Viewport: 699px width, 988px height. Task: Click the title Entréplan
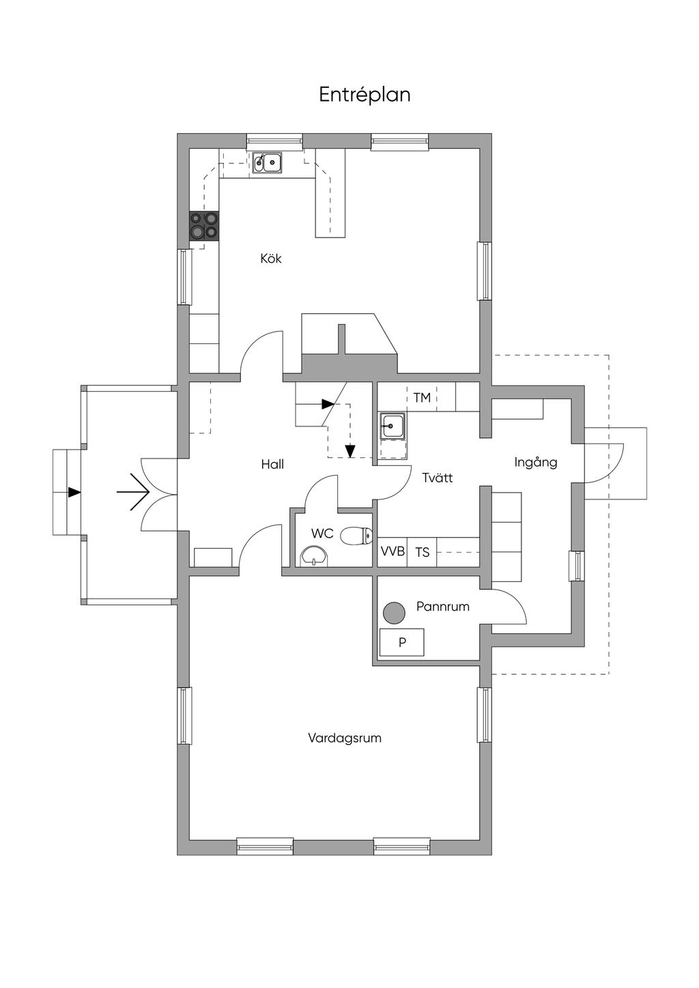[x=365, y=95]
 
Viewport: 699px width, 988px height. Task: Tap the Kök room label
[x=271, y=259]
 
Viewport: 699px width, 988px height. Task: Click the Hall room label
[x=272, y=465]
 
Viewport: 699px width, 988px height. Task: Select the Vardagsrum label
[x=344, y=738]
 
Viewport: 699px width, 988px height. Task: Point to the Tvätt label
[x=437, y=478]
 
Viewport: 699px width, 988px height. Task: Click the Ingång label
[x=536, y=463]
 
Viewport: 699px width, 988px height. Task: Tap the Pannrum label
[x=443, y=607]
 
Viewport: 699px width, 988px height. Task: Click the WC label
[x=322, y=534]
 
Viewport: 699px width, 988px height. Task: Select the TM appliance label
[x=422, y=397]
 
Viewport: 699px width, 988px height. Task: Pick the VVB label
[x=393, y=551]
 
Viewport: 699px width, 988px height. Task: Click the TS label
[x=423, y=552]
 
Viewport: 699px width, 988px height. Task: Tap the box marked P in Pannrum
[x=402, y=643]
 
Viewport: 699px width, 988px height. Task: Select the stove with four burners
[x=204, y=225]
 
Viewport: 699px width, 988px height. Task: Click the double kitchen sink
[x=268, y=162]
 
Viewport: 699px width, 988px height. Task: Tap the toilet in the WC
[x=356, y=536]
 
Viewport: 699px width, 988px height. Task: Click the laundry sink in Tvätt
[x=393, y=427]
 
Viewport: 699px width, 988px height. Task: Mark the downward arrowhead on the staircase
[x=350, y=451]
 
